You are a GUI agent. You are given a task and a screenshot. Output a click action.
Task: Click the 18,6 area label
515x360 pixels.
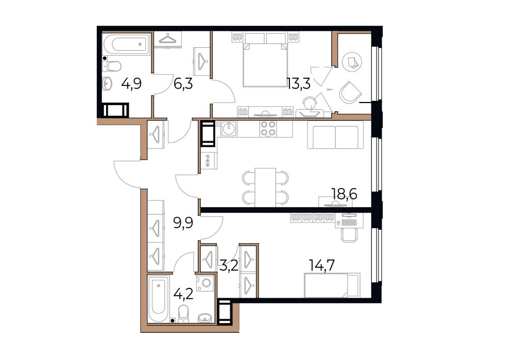coord(344,194)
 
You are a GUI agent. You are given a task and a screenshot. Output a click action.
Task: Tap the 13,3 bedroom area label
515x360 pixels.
coord(299,84)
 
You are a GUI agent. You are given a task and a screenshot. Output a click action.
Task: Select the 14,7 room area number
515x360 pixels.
coord(322,265)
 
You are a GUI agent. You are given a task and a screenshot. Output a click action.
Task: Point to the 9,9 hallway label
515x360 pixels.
coord(183,223)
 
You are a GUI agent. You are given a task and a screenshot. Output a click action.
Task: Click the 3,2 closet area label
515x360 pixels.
coord(229,265)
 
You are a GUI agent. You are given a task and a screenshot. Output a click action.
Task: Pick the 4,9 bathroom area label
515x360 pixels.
coord(131,84)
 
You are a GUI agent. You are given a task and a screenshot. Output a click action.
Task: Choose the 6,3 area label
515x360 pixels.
coord(183,84)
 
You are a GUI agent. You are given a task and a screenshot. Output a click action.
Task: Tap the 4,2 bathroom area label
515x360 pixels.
coord(183,294)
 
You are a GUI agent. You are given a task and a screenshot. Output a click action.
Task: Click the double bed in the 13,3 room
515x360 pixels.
coord(265,59)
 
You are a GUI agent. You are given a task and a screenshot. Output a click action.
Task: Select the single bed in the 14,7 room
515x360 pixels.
coord(332,285)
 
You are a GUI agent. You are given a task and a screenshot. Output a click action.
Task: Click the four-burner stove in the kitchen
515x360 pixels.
coord(268,128)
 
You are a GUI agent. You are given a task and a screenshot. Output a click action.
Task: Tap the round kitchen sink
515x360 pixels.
coord(229,129)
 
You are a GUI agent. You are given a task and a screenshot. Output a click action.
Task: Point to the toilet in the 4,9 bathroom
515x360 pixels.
coord(112,66)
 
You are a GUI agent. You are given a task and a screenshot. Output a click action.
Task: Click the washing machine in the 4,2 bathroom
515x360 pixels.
coord(205,283)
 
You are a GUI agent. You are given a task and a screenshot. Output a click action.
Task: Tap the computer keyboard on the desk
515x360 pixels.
coord(349,222)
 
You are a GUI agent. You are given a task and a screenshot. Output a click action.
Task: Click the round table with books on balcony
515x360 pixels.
coord(352,61)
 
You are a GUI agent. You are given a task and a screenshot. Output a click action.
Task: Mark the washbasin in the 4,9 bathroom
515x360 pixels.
coord(108,83)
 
